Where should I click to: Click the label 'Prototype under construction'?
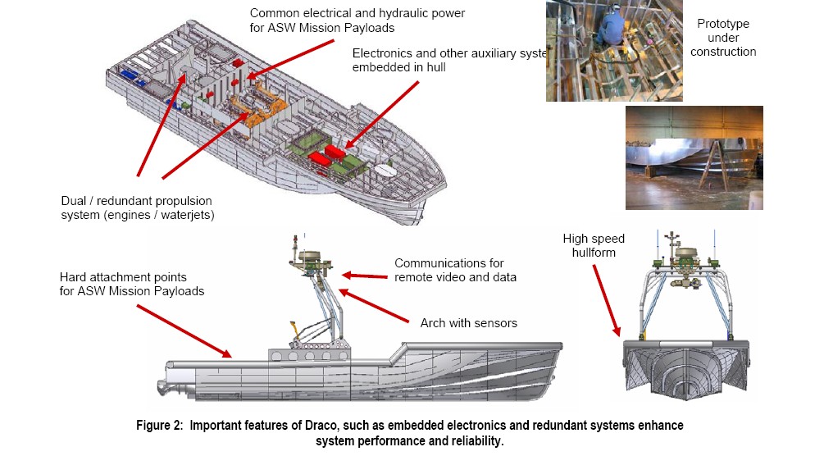click(x=722, y=38)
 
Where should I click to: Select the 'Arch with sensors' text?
click(x=468, y=323)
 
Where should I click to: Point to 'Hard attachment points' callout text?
click(x=131, y=284)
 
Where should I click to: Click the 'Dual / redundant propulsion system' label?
click(x=143, y=207)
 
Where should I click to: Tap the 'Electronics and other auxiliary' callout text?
click(x=443, y=60)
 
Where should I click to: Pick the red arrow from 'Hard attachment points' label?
click(x=184, y=331)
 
